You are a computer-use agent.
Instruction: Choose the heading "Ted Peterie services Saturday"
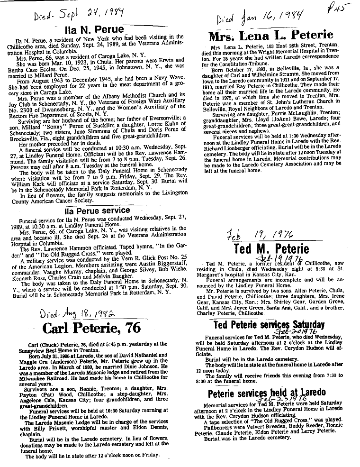pos(269,324)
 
